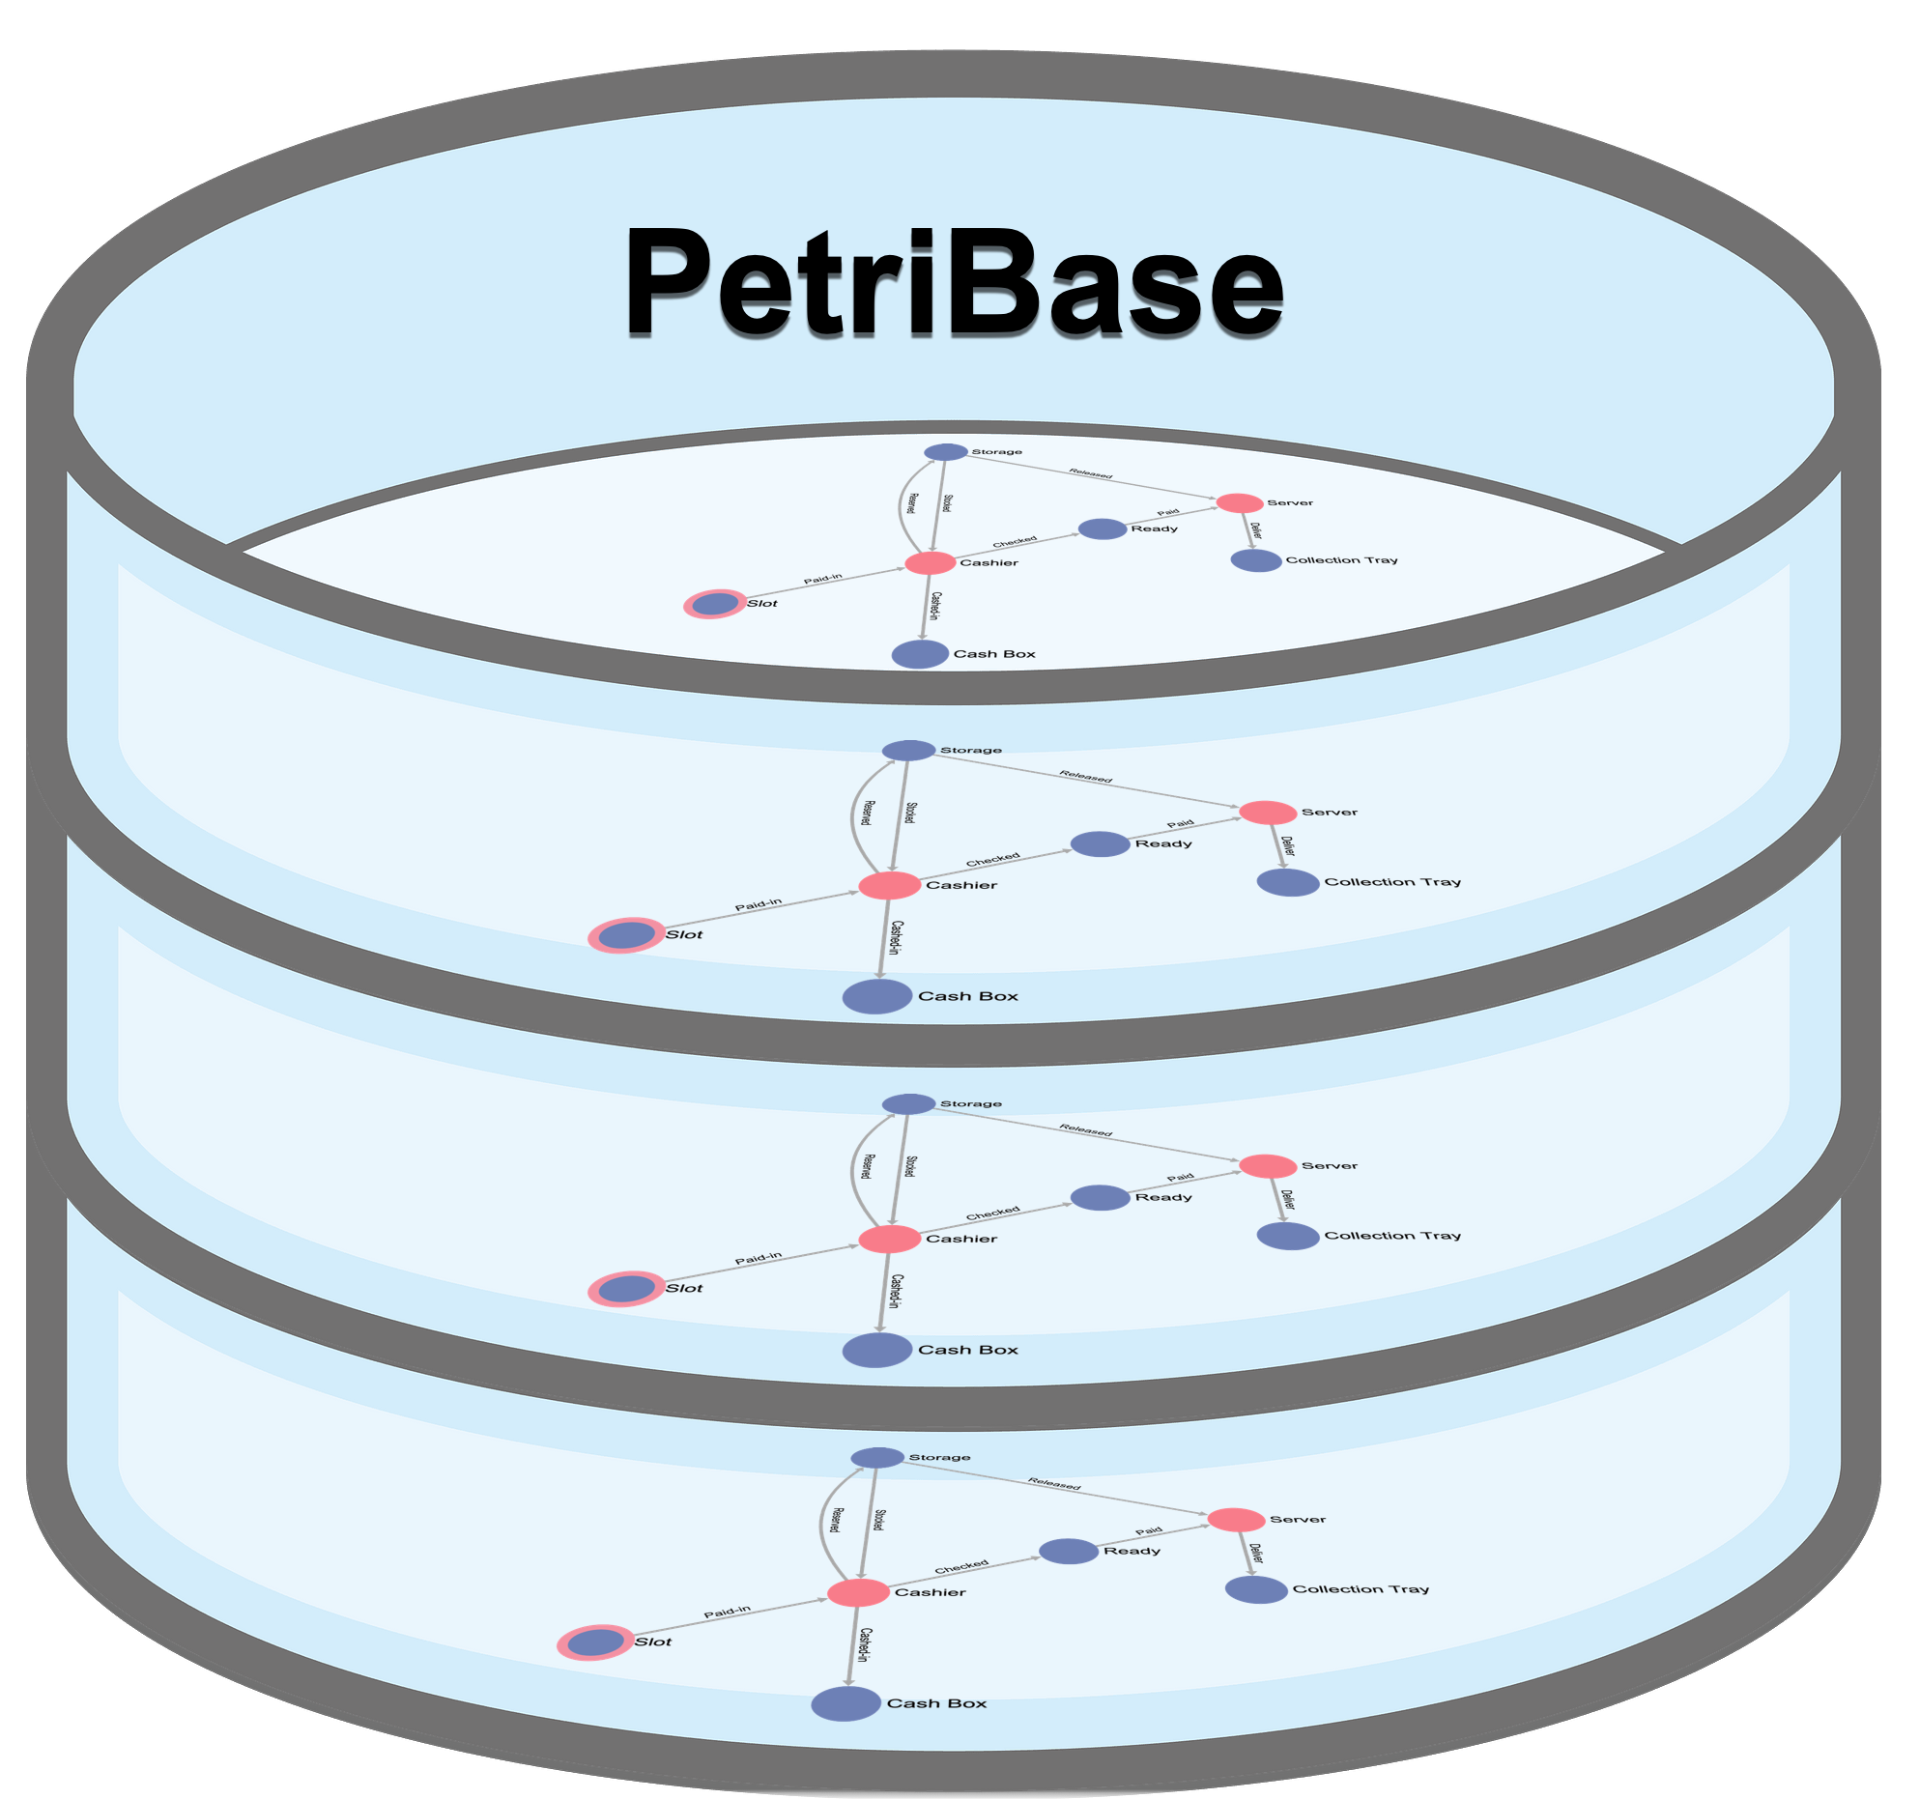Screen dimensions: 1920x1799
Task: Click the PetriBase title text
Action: point(954,281)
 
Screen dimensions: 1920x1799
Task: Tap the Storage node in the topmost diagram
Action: point(945,452)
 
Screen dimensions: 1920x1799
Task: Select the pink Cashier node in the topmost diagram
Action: point(930,563)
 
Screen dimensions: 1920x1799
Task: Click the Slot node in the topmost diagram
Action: point(714,605)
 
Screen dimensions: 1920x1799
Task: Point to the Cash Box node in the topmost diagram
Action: point(920,654)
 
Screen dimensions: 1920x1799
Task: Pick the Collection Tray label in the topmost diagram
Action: point(1341,560)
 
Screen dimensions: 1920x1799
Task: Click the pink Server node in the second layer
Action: point(1268,813)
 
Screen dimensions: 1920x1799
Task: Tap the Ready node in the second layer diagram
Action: point(1100,844)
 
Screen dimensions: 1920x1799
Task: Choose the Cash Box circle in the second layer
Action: point(877,996)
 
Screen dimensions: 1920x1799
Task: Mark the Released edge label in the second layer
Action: point(1086,776)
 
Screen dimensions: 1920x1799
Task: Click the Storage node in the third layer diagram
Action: point(908,1103)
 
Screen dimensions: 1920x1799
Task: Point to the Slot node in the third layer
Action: point(626,1289)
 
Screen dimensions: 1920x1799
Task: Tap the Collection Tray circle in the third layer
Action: point(1288,1236)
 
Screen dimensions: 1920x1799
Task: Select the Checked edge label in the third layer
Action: point(992,1213)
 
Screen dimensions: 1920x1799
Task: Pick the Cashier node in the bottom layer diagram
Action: point(858,1592)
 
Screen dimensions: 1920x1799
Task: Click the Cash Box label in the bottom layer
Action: point(936,1703)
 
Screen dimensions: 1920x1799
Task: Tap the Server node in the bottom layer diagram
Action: point(1236,1520)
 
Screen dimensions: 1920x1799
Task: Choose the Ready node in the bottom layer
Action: point(1068,1552)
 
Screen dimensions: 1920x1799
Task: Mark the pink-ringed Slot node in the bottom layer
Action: point(595,1642)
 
